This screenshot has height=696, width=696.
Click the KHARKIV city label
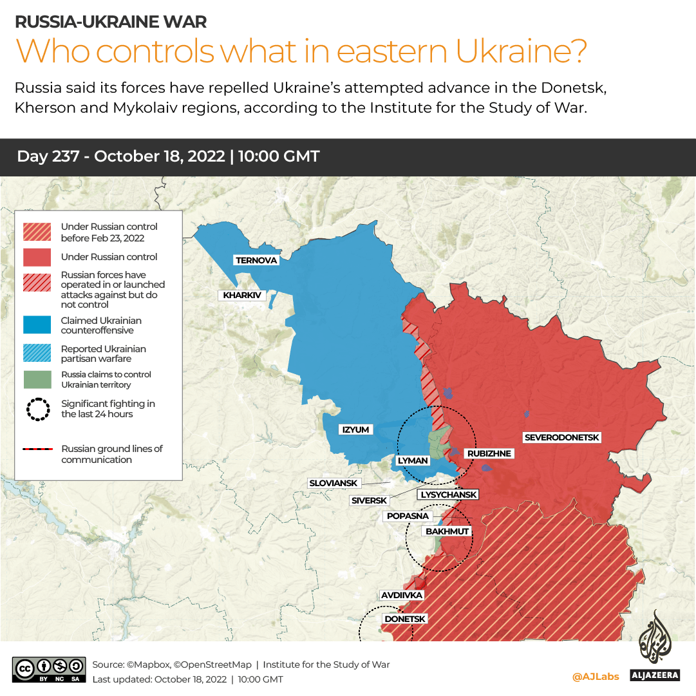point(242,296)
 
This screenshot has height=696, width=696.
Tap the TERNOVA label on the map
point(256,260)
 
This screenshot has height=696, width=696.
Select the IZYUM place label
point(355,429)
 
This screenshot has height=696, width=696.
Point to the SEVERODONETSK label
point(561,438)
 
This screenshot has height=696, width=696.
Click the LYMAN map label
point(412,461)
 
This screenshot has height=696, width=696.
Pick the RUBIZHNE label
point(489,453)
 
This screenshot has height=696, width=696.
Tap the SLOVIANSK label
point(334,483)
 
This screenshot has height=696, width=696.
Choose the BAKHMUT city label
point(447,531)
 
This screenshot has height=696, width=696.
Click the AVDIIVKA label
point(402,595)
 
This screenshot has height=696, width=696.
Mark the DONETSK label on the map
point(405,619)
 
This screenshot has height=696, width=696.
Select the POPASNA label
point(408,516)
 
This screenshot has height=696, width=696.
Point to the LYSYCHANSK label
point(449,494)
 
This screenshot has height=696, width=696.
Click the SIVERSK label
point(369,500)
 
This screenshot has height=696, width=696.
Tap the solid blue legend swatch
point(37,325)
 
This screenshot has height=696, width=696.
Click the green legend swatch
point(37,379)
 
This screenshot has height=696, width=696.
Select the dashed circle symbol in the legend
point(37,409)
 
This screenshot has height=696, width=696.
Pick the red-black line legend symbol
point(37,449)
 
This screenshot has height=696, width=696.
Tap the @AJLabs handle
point(596,676)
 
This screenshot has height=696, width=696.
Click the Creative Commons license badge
point(49,670)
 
